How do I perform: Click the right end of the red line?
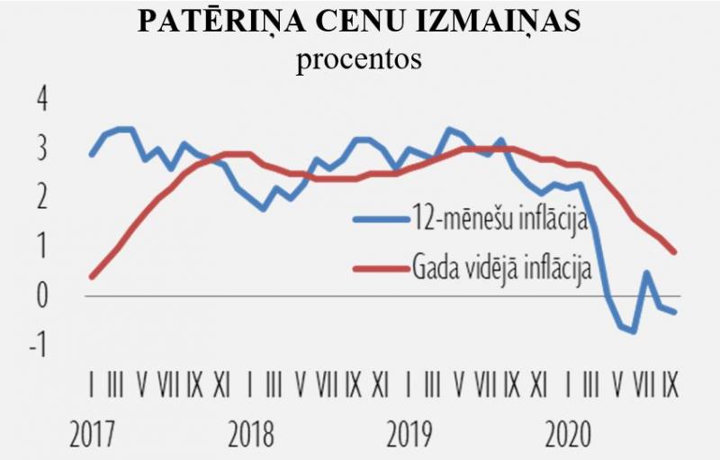[675, 252]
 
